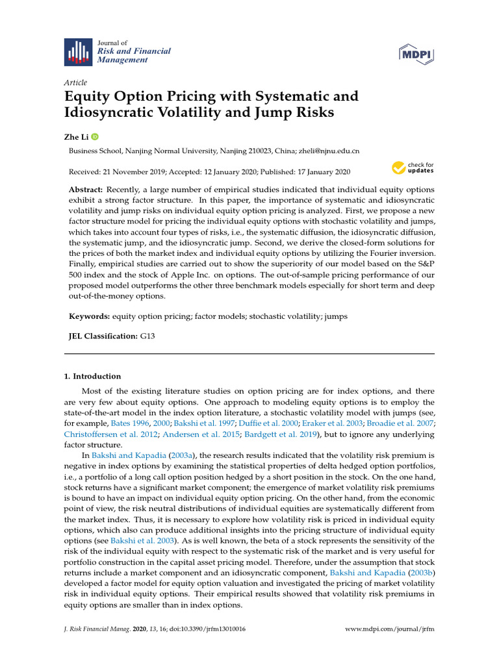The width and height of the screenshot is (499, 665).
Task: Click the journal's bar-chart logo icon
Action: click(77, 51)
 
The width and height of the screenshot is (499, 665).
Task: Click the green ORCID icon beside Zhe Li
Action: click(95, 137)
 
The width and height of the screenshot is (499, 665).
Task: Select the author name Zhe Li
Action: click(76, 137)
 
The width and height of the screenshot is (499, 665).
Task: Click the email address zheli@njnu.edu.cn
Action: click(329, 151)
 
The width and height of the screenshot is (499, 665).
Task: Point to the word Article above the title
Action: click(75, 82)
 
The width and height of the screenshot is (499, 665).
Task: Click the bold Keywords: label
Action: click(90, 316)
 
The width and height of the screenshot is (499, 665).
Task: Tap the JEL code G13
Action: click(148, 336)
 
